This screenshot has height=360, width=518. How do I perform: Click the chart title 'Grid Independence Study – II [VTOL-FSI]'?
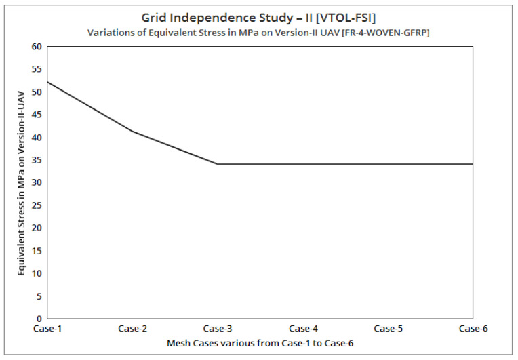point(258,18)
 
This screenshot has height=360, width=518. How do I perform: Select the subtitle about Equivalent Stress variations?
point(258,33)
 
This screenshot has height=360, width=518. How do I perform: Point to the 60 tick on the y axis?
point(37,47)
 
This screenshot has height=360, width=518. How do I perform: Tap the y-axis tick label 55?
point(37,69)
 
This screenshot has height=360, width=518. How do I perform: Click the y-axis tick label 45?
point(37,115)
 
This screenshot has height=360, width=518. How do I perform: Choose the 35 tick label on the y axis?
point(37,160)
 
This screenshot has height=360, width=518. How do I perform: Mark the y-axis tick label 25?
point(37,205)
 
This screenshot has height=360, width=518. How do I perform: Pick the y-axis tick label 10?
point(37,273)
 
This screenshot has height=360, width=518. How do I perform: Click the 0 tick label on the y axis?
point(39,319)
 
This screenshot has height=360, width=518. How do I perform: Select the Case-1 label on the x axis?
point(47,329)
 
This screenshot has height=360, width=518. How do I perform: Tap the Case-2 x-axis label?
point(132,329)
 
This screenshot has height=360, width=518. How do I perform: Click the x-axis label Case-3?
point(217,329)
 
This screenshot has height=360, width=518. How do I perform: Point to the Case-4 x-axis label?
point(302,329)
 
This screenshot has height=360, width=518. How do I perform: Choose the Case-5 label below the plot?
point(387,329)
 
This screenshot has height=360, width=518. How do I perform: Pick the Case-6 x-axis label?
point(472,329)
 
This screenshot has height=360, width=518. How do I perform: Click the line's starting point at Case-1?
point(47,81)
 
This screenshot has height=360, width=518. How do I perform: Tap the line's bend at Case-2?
point(132,131)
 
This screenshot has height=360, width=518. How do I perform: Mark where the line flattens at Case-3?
point(217,164)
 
